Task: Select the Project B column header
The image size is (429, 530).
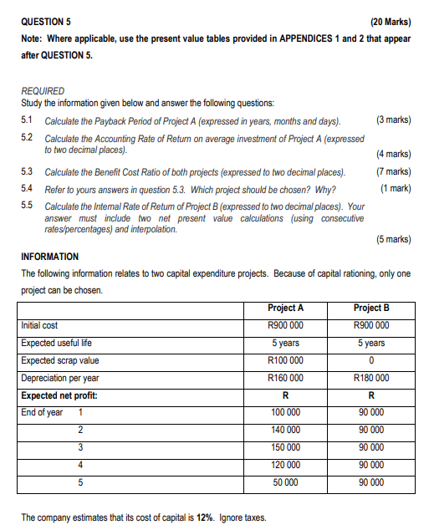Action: [371, 308]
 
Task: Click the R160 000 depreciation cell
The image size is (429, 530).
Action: [285, 378]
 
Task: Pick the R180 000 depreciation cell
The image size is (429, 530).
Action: [371, 378]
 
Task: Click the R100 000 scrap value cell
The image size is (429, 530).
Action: [285, 360]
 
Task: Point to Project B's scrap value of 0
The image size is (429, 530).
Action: [371, 360]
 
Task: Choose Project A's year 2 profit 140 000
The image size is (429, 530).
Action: [285, 430]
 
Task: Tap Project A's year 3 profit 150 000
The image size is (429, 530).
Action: [285, 447]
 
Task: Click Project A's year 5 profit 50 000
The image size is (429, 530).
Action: [285, 482]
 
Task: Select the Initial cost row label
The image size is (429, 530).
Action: [40, 325]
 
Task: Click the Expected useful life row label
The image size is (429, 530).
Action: [57, 343]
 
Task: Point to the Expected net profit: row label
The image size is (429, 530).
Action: [59, 395]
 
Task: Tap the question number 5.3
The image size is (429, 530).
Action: [28, 171]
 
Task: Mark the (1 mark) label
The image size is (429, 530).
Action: [395, 188]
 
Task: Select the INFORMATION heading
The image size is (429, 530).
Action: [50, 257]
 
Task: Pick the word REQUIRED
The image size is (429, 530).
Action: [43, 91]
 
